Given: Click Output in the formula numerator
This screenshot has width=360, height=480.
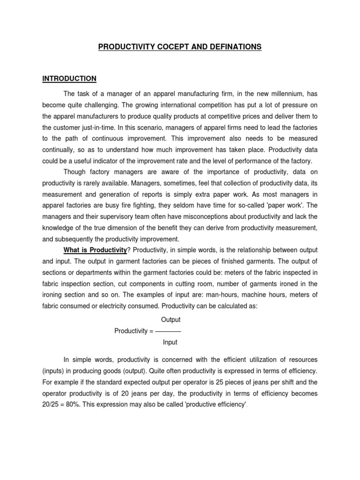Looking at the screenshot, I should click(171, 320).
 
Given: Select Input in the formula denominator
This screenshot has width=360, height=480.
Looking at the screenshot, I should click(170, 342).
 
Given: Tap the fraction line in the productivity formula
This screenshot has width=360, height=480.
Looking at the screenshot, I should click(168, 331).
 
